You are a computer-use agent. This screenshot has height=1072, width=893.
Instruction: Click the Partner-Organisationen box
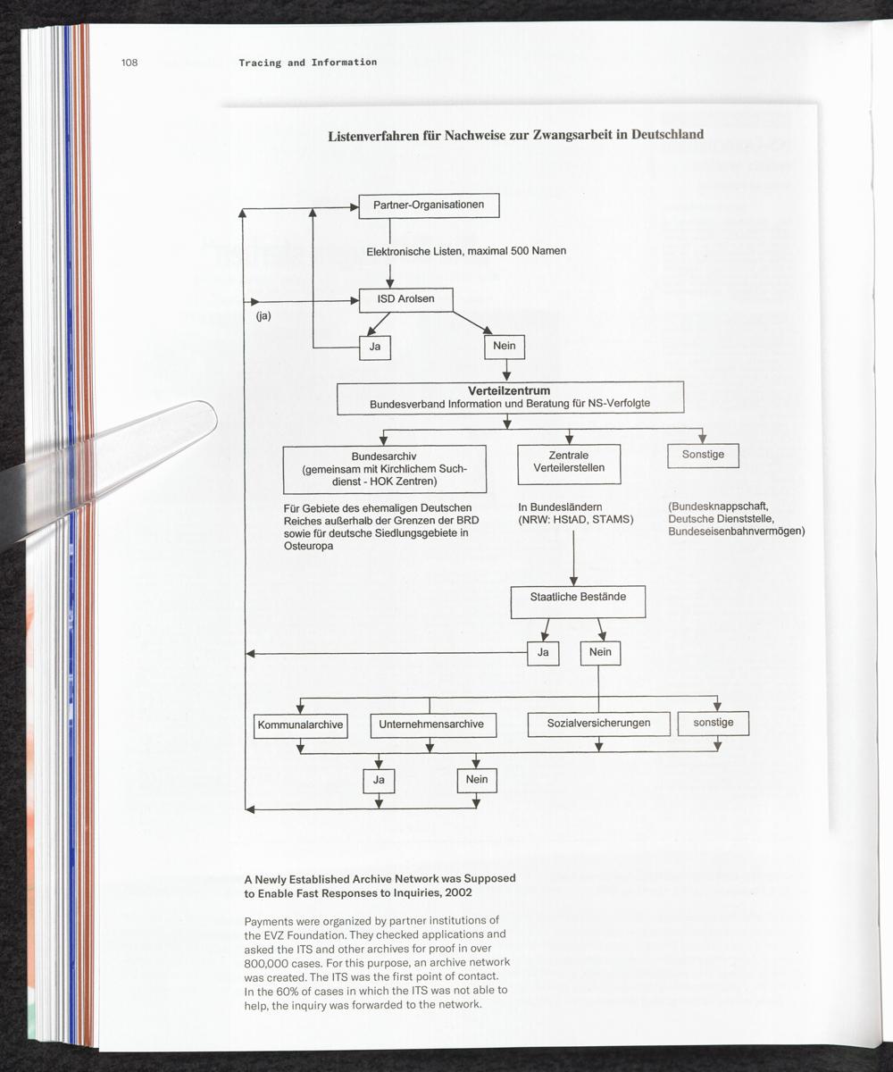pos(429,205)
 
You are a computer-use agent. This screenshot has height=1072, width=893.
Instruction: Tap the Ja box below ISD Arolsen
pos(375,347)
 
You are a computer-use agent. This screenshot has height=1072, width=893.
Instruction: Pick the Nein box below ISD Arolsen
pos(504,346)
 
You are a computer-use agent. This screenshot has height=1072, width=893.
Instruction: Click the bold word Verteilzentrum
pos(509,391)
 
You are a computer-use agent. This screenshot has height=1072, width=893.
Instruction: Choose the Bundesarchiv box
pos(384,469)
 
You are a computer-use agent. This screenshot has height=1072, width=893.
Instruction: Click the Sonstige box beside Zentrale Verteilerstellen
pos(703,455)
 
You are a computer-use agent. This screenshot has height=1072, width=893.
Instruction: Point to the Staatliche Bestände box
pos(578,602)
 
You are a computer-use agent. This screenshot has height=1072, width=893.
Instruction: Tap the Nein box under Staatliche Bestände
pos(600,653)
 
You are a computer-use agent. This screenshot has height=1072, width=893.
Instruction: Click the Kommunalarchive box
pos(300,724)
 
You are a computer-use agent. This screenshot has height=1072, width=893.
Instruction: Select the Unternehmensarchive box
pos(431,724)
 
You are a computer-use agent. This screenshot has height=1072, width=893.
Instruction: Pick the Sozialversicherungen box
pos(598,723)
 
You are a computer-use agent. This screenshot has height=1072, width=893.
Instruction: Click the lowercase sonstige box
pos(713,722)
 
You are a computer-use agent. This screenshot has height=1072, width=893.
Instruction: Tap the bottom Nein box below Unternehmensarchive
pos(476,780)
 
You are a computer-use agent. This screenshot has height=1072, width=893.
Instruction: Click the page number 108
pos(129,63)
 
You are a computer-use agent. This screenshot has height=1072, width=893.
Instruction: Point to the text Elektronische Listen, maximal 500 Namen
pos(466,252)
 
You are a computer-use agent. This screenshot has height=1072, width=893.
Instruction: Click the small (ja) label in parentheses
pos(263,316)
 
